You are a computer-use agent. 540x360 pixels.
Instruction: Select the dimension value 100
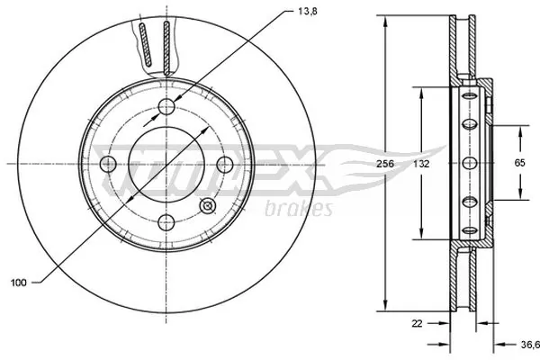pyautogui.click(x=18, y=282)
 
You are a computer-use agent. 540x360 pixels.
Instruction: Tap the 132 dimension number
pyautogui.click(x=421, y=166)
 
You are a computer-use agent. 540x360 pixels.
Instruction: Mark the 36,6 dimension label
pyautogui.click(x=529, y=343)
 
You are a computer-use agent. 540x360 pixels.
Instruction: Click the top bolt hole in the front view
pyautogui.click(x=166, y=108)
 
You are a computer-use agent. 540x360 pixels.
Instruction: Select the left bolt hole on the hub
pyautogui.click(x=108, y=164)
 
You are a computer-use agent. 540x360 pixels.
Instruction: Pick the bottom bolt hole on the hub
pyautogui.click(x=166, y=221)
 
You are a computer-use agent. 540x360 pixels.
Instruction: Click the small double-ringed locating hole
pyautogui.click(x=208, y=205)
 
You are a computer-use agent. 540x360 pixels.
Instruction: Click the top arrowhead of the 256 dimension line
pyautogui.click(x=386, y=19)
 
